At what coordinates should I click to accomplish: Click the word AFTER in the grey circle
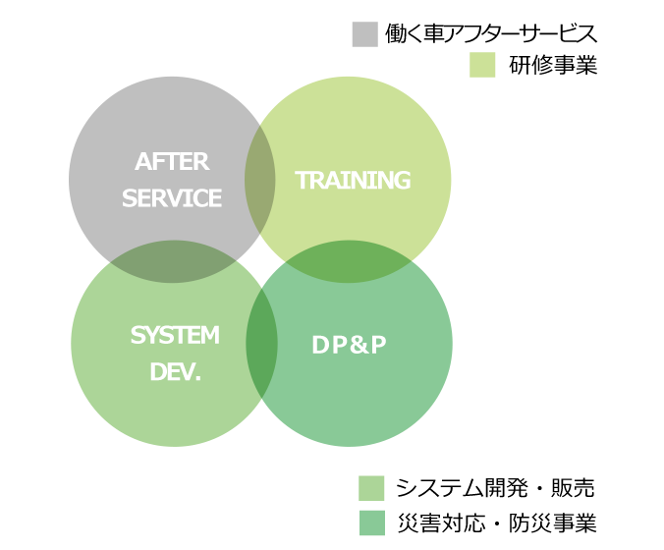click(172, 162)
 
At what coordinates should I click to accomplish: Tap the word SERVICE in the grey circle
click(172, 198)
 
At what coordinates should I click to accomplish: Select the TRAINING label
click(353, 180)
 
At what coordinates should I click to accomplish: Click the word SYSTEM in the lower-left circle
click(175, 335)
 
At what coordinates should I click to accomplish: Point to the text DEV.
click(175, 372)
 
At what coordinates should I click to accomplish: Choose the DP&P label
click(349, 345)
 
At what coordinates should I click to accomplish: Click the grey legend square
click(365, 34)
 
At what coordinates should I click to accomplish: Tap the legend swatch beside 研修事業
click(482, 65)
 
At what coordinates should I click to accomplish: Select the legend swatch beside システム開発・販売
click(371, 488)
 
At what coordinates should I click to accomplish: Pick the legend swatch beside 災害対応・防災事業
click(372, 522)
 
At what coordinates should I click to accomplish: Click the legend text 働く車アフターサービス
click(491, 33)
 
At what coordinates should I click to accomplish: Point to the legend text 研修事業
click(553, 65)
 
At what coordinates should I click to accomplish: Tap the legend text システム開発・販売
click(495, 488)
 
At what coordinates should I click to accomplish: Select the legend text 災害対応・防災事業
click(497, 522)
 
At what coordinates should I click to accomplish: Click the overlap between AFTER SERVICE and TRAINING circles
click(260, 180)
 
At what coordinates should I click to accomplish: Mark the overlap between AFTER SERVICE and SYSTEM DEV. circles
click(173, 261)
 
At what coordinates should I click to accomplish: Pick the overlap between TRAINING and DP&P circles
click(349, 261)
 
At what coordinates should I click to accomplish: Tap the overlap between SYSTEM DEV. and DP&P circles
click(261, 344)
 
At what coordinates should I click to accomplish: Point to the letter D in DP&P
click(320, 345)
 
